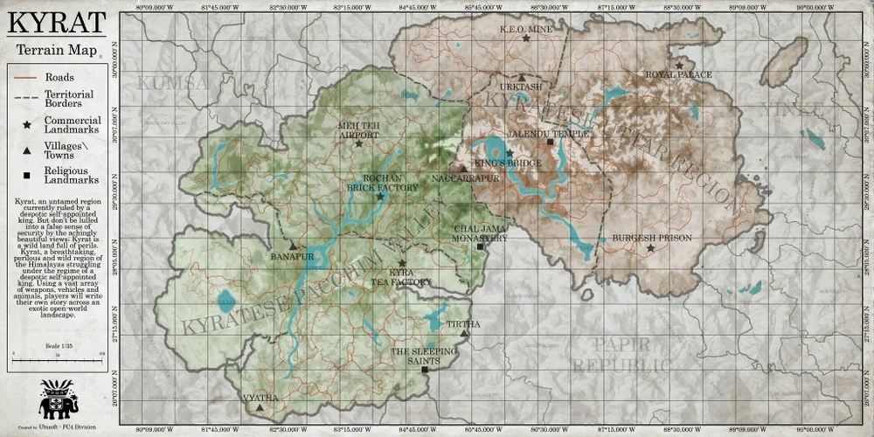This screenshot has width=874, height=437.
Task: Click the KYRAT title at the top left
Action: (57, 23)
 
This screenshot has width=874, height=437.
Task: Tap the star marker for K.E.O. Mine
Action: (526, 38)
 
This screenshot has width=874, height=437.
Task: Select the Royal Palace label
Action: (679, 75)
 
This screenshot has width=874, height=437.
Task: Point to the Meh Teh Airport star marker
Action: (358, 143)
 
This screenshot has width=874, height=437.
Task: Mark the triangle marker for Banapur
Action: (294, 247)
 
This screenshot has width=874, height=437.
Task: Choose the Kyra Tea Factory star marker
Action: (402, 263)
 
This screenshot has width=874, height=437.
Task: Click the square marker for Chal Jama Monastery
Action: (480, 247)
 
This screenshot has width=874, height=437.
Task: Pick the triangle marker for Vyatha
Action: (260, 407)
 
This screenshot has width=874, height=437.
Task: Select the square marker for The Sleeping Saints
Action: (425, 370)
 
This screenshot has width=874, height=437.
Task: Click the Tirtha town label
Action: (463, 324)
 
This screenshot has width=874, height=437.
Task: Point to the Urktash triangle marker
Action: (522, 78)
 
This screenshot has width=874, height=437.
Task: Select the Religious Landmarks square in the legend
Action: (28, 176)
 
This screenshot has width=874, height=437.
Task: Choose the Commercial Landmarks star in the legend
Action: (28, 126)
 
